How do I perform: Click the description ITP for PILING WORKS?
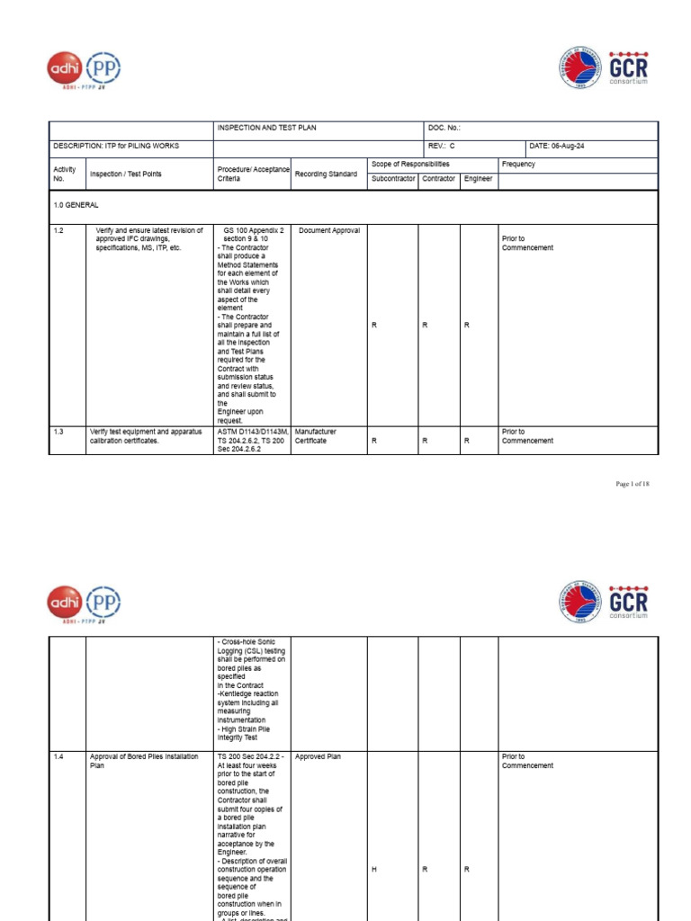point(116,146)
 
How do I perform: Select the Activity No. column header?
point(65,174)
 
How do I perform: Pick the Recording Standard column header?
point(326,174)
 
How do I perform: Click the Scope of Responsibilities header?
point(410,165)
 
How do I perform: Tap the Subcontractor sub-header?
point(393,179)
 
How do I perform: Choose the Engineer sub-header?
point(478,179)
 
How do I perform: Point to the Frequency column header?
point(518,165)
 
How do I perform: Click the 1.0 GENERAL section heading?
point(76,206)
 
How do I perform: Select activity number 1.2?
point(58,230)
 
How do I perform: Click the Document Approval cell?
point(329,230)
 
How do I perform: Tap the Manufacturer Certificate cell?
point(317,436)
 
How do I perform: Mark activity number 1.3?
point(58,432)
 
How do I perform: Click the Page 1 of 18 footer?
point(632,484)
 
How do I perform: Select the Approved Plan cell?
point(318,757)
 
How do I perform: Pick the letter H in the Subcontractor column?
point(373,870)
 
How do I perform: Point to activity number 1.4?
point(58,757)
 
